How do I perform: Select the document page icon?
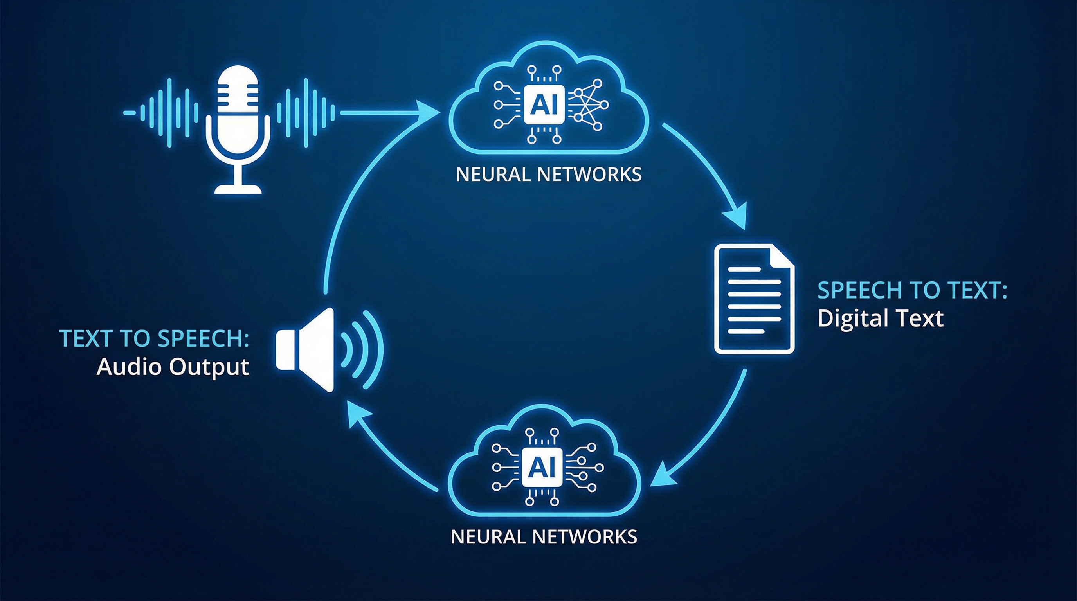pos(754,299)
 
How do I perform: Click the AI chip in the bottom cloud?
pos(542,468)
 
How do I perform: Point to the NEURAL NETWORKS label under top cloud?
pos(549,175)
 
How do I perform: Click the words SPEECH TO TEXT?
pos(912,290)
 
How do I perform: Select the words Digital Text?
pos(880,318)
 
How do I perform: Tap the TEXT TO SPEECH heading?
pos(154,338)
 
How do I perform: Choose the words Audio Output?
pos(173,367)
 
